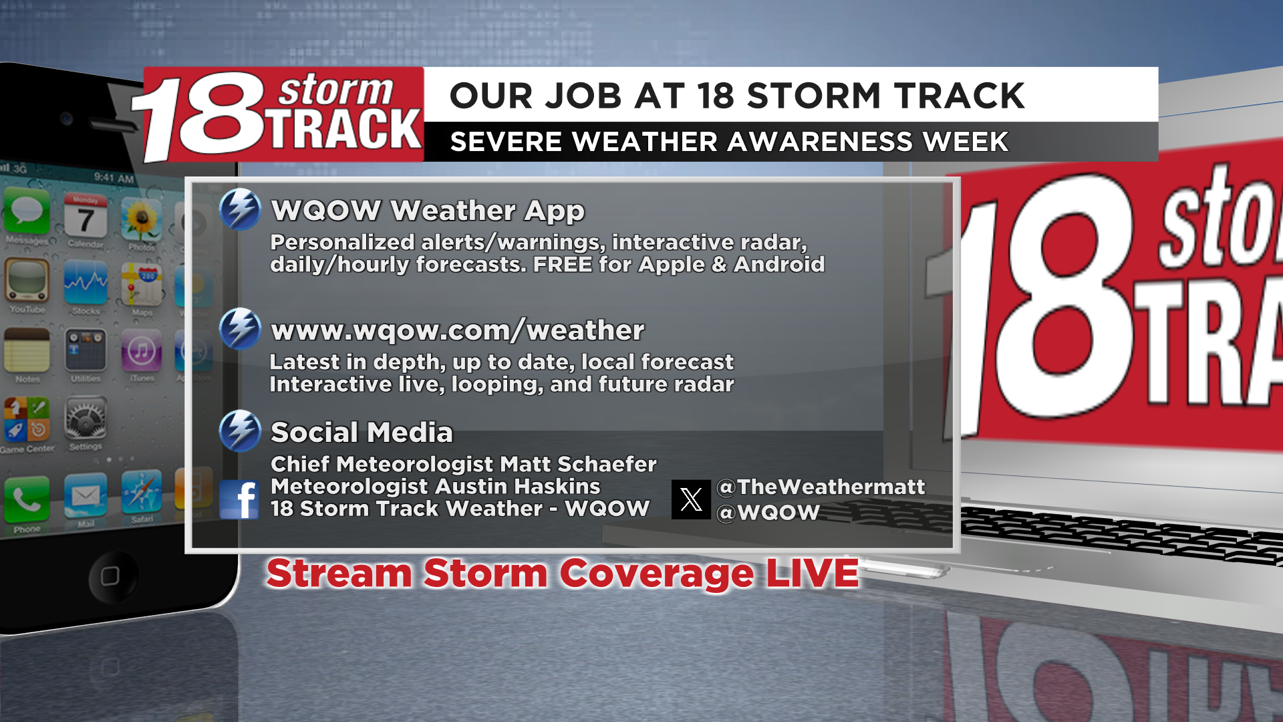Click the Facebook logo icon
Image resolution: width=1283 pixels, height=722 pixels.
(239, 499)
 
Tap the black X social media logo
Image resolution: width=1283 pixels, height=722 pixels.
(691, 499)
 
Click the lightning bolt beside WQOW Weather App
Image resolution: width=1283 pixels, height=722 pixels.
(240, 209)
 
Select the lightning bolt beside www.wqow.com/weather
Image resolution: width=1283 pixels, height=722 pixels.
(240, 329)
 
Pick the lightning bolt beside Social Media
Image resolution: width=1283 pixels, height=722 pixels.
(240, 431)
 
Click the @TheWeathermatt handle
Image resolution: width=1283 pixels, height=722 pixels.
(821, 487)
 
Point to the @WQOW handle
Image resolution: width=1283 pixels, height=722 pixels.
(768, 512)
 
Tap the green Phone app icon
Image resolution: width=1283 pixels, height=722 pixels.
(27, 499)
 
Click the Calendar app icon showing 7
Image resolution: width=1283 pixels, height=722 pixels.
(85, 215)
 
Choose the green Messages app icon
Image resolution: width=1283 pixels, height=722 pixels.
(26, 211)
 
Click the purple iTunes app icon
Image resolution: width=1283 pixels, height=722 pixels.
(142, 350)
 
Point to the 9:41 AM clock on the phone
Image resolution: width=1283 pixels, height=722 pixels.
(114, 177)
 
